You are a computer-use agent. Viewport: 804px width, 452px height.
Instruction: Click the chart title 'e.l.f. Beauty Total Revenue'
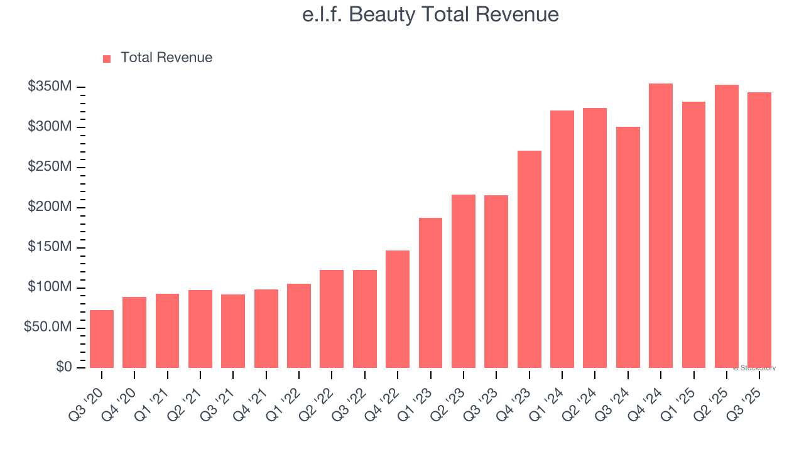pos(430,14)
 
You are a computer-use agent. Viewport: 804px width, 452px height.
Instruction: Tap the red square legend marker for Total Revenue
pos(107,58)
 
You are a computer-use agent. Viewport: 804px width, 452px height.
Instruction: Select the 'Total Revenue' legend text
pos(166,58)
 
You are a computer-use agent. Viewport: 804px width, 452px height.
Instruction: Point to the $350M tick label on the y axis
pos(50,87)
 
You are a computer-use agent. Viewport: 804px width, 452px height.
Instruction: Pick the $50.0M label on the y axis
pos(48,328)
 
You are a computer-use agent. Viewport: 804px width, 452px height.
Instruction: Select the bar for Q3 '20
pos(102,339)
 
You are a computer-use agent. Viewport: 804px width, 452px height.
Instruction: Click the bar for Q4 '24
pos(661,226)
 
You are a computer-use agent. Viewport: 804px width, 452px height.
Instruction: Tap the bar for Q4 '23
pos(530,259)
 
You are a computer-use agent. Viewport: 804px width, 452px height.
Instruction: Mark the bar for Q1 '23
pos(431,293)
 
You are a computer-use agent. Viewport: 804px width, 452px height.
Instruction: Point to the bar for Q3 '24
pos(628,247)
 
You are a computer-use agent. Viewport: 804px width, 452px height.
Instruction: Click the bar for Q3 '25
pos(759,230)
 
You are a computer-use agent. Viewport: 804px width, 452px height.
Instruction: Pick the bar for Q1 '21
pos(168,331)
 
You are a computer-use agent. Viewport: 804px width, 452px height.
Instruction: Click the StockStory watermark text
pos(754,368)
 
